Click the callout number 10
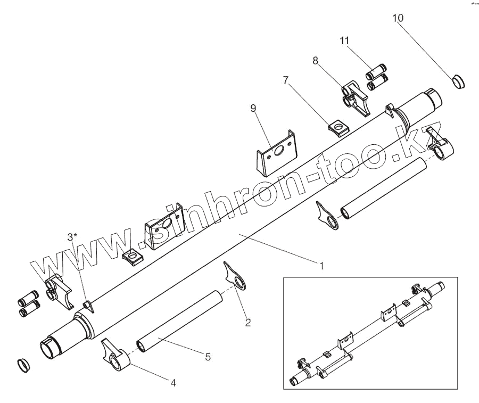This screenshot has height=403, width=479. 398,18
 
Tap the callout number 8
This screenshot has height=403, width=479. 316,61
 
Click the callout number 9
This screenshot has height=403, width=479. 253,109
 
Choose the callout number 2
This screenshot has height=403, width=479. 247,322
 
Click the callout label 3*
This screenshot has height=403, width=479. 72,236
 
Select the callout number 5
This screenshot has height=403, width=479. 207,357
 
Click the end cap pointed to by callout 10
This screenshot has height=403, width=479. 457,81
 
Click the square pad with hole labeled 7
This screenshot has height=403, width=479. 336,127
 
